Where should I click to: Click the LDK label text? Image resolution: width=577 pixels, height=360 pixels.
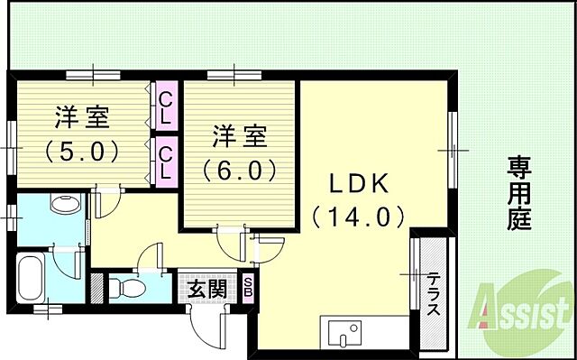coord(357,183)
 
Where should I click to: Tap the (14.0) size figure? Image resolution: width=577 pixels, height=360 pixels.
coord(357,217)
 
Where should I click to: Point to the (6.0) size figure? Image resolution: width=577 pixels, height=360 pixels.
coord(239,169)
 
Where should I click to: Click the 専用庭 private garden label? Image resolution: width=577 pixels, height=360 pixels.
coord(517,191)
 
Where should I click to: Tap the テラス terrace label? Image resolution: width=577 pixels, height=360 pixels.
coord(434,295)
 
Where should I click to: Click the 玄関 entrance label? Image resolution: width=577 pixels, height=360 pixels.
coord(206,290)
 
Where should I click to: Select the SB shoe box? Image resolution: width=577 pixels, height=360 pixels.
coord(249,290)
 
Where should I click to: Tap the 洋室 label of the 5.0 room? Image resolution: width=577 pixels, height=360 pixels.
coord(82,117)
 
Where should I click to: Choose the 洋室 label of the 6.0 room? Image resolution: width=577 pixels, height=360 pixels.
coord(239,137)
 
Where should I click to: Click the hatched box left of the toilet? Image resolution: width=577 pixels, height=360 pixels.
coord(97,286)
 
